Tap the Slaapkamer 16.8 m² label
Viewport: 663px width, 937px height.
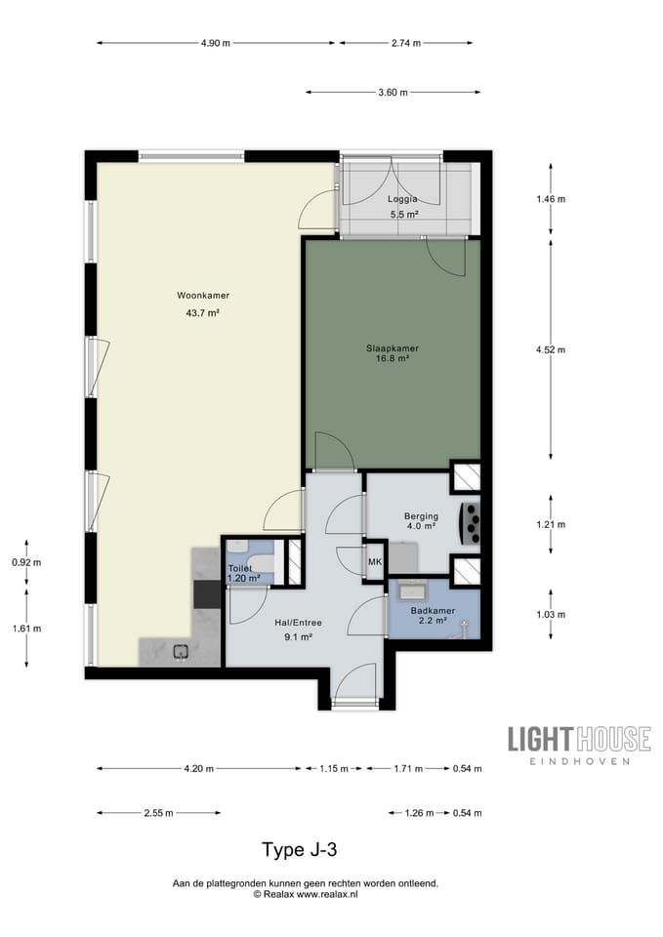pyautogui.click(x=393, y=353)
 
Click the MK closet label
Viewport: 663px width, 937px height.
pyautogui.click(x=375, y=562)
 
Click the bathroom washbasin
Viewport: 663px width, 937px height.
pyautogui.click(x=413, y=591)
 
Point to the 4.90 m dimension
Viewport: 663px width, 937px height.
pyautogui.click(x=216, y=43)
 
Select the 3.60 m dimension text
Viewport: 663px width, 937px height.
pyautogui.click(x=394, y=92)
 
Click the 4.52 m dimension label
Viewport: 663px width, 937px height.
pyautogui.click(x=551, y=349)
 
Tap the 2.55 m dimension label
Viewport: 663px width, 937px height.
pyautogui.click(x=158, y=813)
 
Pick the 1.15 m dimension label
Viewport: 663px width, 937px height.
pyautogui.click(x=334, y=768)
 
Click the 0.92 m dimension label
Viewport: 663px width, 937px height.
pyautogui.click(x=27, y=562)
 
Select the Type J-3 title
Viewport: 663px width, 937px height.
pyautogui.click(x=300, y=849)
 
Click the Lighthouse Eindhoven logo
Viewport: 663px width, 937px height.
pyautogui.click(x=579, y=745)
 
